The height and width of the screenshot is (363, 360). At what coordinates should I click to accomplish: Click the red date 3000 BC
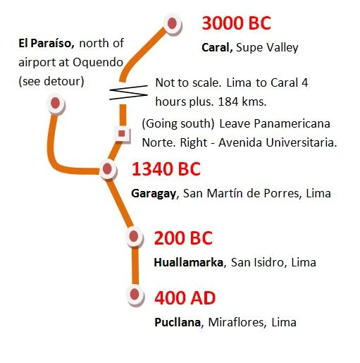[236, 23]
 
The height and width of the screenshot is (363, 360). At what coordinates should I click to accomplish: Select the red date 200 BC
[182, 238]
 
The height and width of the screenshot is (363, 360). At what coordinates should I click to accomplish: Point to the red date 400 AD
[185, 297]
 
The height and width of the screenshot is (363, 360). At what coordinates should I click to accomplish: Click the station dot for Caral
[171, 23]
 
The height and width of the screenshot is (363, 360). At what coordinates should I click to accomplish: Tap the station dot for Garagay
[108, 169]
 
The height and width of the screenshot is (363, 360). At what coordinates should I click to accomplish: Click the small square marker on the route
[123, 133]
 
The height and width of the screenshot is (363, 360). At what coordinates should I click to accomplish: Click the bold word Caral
[217, 48]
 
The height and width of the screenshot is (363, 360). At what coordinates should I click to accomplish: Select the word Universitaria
[302, 142]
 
